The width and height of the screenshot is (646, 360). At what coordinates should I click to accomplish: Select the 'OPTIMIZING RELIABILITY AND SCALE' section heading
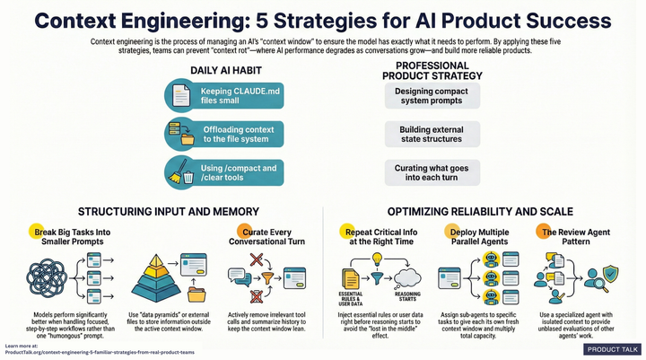click(484, 212)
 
